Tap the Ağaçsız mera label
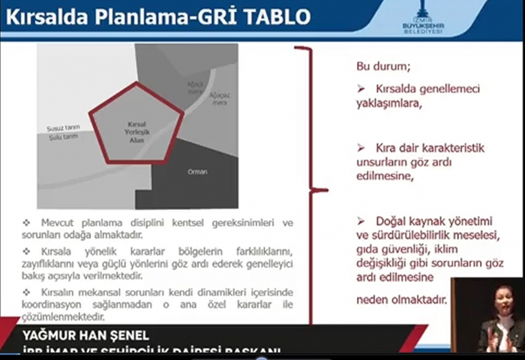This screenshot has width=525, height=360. tap(219, 99)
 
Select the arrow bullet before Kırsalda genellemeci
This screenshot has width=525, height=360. tap(361, 88)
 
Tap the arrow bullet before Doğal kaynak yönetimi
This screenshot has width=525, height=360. tap(361, 220)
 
